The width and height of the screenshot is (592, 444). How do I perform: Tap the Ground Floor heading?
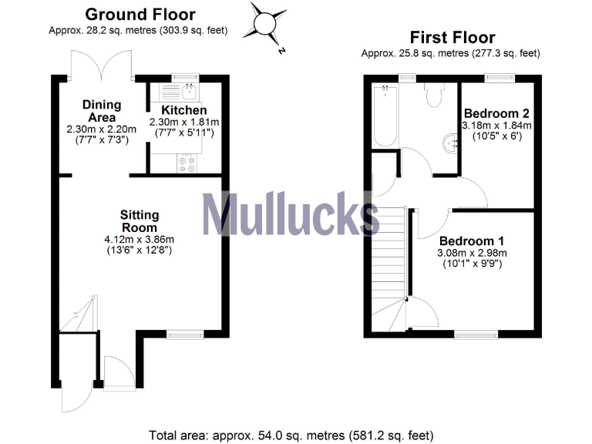tap(140, 15)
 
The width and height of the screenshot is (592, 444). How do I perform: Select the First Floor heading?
tap(452, 38)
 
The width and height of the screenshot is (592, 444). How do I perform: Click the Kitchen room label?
tap(183, 111)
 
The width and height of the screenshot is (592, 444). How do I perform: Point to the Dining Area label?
tap(102, 110)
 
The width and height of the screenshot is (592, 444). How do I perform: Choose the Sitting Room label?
tap(140, 221)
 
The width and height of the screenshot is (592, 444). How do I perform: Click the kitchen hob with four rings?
tap(187, 163)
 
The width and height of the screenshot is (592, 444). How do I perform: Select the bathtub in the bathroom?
tap(383, 116)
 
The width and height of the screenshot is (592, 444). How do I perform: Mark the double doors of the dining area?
tap(101, 64)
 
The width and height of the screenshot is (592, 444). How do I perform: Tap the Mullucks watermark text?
tap(290, 214)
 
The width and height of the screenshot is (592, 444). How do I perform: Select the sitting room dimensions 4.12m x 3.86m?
tap(140, 239)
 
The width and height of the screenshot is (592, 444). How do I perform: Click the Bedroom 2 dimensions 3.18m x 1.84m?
tap(497, 125)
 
